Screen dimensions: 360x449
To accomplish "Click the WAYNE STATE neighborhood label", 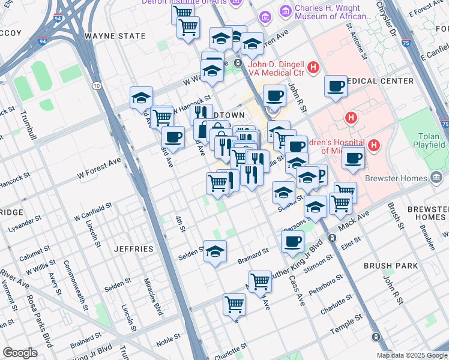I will [115, 36].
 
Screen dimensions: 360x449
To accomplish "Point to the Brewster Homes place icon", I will [437, 178].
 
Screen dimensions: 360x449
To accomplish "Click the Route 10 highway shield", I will [96, 86].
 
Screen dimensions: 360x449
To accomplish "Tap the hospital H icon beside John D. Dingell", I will [312, 67].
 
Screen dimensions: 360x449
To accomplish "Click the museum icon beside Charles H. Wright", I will [285, 11].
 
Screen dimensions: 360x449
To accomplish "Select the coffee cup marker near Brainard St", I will [292, 242].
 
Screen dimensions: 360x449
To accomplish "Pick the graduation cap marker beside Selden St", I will [214, 251].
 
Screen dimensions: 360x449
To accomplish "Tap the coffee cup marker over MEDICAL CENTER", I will [335, 86].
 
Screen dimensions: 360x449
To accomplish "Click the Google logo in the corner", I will [20, 353].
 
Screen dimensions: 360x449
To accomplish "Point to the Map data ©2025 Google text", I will [412, 355].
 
